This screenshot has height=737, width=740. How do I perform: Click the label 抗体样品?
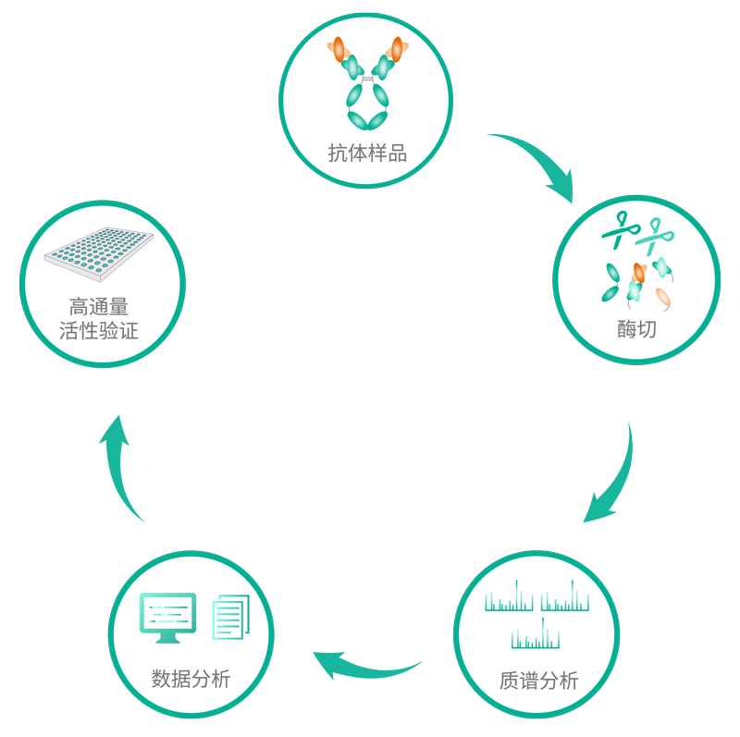[x=367, y=154]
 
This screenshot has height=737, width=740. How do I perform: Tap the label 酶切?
[x=636, y=328]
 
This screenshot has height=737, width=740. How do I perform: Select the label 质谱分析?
[x=538, y=682]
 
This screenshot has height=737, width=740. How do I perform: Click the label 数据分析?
[x=191, y=680]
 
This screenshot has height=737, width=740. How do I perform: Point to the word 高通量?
[x=99, y=307]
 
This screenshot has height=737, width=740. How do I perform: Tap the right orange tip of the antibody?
[x=398, y=47]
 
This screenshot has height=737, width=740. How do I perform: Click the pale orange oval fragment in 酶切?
[x=663, y=297]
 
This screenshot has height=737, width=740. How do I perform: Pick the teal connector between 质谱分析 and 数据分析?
[x=368, y=666]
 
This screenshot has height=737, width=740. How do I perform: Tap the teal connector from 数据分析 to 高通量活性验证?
[x=120, y=468]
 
